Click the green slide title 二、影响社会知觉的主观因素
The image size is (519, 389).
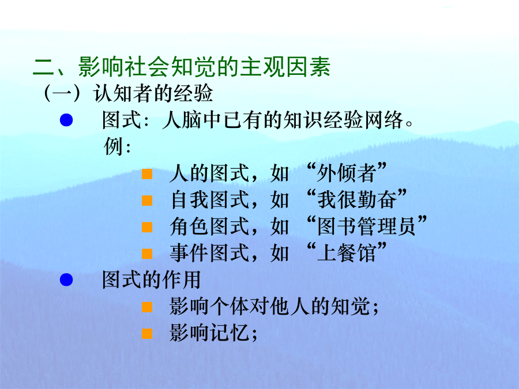[x=182, y=67]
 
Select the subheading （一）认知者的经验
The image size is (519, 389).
[x=129, y=93]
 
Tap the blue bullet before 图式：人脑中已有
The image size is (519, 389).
[x=66, y=120]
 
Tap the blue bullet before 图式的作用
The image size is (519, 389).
[x=66, y=280]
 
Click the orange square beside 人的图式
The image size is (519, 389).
[x=147, y=174]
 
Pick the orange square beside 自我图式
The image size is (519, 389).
[x=147, y=201]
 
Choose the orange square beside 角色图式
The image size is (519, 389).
[x=147, y=227]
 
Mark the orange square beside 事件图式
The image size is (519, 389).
[x=147, y=254]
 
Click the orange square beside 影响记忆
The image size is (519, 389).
[x=147, y=334]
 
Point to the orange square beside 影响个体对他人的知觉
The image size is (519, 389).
[x=147, y=307]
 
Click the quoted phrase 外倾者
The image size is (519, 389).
[x=346, y=173]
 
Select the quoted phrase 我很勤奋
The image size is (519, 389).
[x=356, y=199]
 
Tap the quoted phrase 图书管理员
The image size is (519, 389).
[x=366, y=226]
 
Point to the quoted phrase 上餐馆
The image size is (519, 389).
[x=346, y=253]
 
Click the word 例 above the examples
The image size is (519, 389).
[x=113, y=146]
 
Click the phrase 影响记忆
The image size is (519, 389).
[x=209, y=333]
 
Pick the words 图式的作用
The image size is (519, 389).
[x=151, y=280]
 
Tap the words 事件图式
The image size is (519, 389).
[x=209, y=253]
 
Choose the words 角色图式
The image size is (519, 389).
[x=209, y=226]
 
